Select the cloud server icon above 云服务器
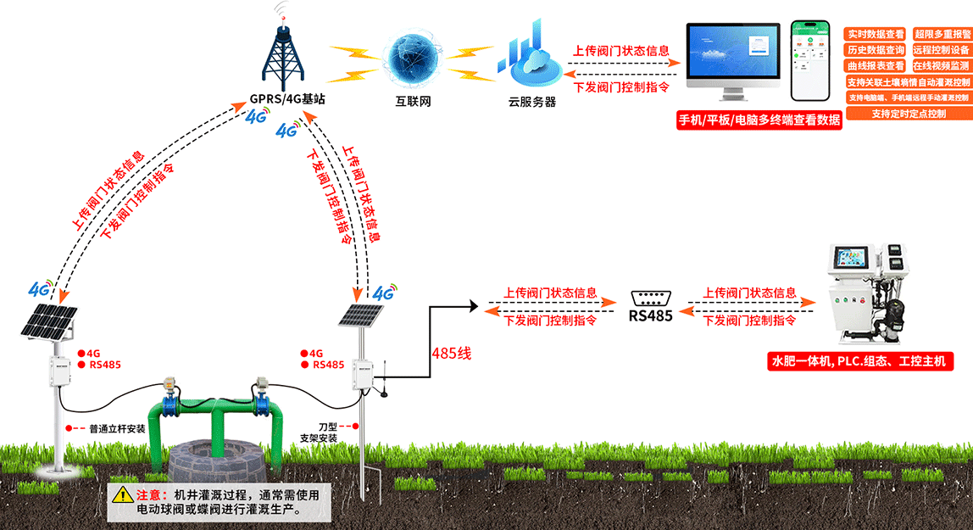(x=525, y=55)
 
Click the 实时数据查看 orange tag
(x=876, y=35)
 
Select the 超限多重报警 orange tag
(x=942, y=35)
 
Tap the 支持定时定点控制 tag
(x=908, y=113)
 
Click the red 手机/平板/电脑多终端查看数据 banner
(x=759, y=120)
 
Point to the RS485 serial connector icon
(x=651, y=298)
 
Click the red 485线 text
(x=451, y=354)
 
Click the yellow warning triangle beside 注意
(x=123, y=494)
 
